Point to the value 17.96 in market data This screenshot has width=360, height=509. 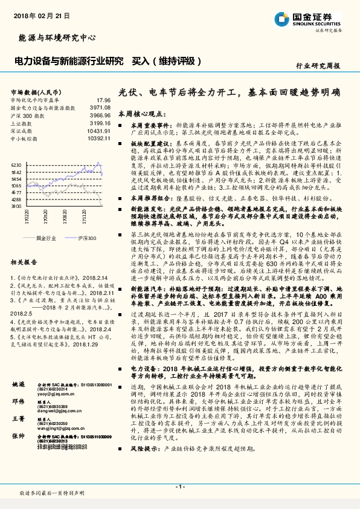pos(103,100)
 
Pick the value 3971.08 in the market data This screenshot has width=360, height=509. pos(100,107)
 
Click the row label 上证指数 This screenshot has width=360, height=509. pos(22,123)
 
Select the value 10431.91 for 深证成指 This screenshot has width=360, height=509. pos(98,131)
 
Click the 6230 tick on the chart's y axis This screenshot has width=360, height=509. pos(16,164)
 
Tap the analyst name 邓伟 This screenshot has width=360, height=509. pos(19,401)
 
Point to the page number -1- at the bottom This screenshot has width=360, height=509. pos(179,486)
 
